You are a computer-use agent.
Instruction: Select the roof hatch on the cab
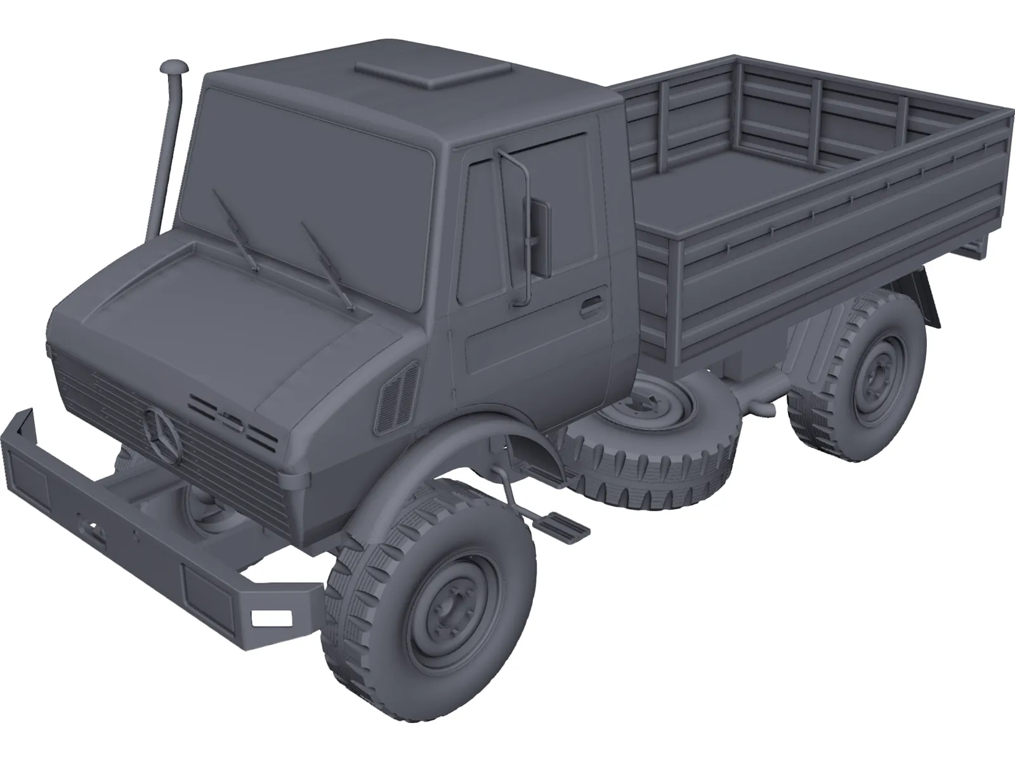click(x=433, y=73)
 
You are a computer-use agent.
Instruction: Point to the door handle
click(x=591, y=306)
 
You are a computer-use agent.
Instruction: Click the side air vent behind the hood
click(x=396, y=398)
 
